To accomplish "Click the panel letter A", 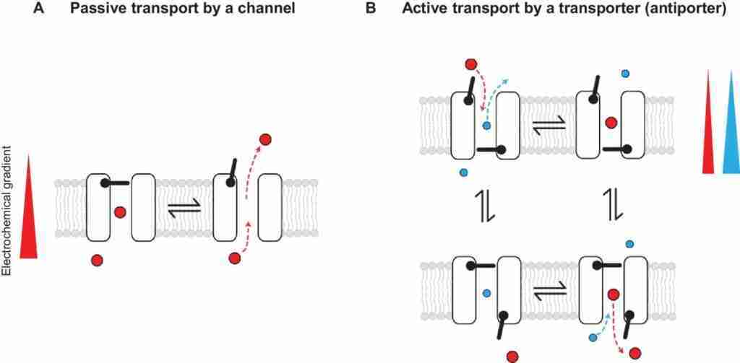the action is click(39, 9).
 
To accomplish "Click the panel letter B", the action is click(372, 9).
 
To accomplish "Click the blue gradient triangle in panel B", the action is click(731, 122).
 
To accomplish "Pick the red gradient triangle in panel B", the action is click(708, 122).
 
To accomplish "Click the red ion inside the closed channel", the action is click(120, 213).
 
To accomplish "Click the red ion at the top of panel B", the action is click(470, 64).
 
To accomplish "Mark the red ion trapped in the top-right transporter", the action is click(611, 123).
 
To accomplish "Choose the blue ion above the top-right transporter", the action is click(625, 74).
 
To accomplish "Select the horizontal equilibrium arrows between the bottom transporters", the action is click(549, 289).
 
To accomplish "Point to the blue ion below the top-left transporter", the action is click(463, 172).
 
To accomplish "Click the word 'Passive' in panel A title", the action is click(92, 9).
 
